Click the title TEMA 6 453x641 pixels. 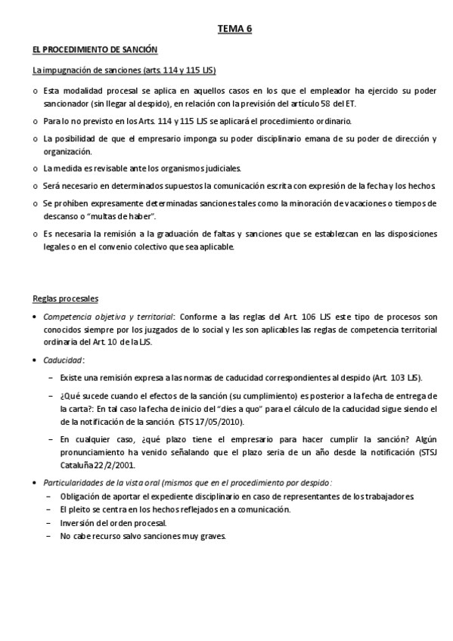coord(234,29)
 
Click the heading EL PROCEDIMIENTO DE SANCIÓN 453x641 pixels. coord(95,50)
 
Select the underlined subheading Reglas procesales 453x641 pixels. coord(65,298)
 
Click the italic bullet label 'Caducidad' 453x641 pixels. coord(63,361)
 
